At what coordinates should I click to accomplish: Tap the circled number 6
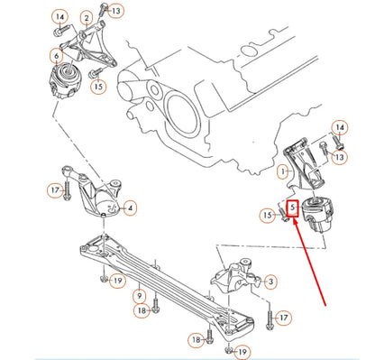[x=57, y=55]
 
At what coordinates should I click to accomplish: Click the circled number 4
[x=132, y=208]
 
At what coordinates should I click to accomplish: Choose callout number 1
[x=282, y=171]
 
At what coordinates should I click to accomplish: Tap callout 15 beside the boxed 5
[x=268, y=215]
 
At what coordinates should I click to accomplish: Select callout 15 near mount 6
[x=98, y=88]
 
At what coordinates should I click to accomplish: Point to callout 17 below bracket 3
[x=284, y=318]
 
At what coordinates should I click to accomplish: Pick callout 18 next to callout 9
[x=142, y=309]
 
